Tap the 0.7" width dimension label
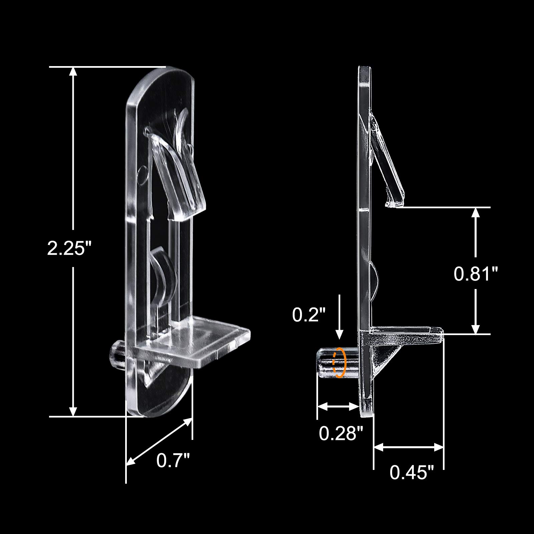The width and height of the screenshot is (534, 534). (x=173, y=461)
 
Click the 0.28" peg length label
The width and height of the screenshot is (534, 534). (x=341, y=434)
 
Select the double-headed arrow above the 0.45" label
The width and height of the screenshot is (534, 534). (x=409, y=447)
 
